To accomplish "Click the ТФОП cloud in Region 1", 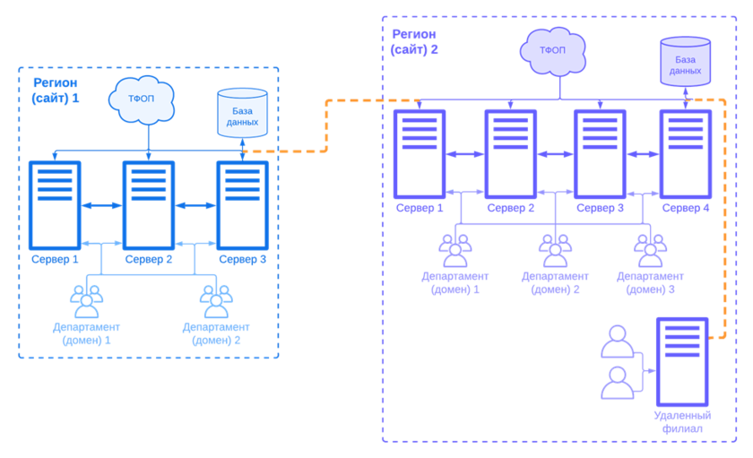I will (142, 99).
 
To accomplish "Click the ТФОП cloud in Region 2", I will (553, 49).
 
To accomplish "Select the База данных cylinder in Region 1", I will (242, 113).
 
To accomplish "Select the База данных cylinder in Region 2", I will (685, 61).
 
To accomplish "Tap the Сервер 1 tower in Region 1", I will (55, 204).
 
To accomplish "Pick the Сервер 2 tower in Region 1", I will (149, 204).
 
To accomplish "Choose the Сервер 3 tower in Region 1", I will (242, 204).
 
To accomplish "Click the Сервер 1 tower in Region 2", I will (419, 153).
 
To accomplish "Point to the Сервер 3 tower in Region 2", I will (600, 153).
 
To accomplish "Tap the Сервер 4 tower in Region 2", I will (686, 153).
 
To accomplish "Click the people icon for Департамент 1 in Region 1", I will (87, 300).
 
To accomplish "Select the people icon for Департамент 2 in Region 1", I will (216, 300).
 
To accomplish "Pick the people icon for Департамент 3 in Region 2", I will (650, 250).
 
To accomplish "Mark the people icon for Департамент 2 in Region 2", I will (555, 250).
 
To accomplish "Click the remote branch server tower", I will (682, 361).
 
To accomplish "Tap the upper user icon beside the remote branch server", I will (617, 341).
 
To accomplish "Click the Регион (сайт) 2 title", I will (414, 41).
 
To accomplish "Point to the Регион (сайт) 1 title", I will (55, 90).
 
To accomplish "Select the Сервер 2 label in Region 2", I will (510, 208).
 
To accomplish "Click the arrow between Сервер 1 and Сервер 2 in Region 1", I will (101, 205).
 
